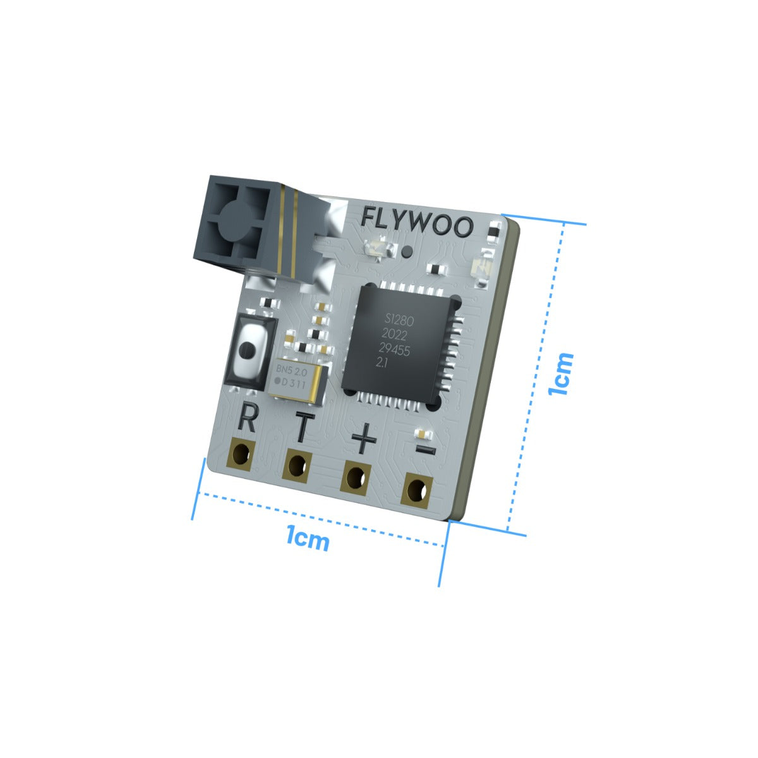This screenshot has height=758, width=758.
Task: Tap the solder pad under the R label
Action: (x=242, y=454)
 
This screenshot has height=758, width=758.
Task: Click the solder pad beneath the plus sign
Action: (x=356, y=478)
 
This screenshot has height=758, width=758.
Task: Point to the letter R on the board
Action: (x=247, y=419)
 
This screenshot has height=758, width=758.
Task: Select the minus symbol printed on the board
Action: (x=425, y=450)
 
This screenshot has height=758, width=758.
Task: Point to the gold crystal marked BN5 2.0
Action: (x=295, y=377)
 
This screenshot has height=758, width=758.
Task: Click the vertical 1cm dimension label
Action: (x=562, y=373)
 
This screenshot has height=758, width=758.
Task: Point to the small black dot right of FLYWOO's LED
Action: (x=407, y=251)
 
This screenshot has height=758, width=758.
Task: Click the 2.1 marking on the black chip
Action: (x=382, y=363)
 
